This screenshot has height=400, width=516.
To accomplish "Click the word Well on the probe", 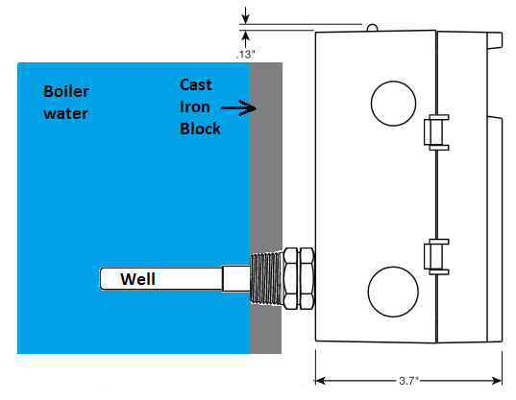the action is (x=137, y=279).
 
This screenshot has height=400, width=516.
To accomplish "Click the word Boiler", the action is (x=66, y=91).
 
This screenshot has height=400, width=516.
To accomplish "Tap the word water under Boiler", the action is (x=65, y=113).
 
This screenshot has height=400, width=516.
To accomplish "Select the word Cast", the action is (x=196, y=84).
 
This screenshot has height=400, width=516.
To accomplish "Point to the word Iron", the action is (x=195, y=106).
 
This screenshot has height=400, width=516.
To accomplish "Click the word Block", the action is (x=200, y=129).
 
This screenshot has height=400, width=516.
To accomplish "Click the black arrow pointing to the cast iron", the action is (x=239, y=107).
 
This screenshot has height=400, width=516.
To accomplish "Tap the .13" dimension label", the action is (x=245, y=54).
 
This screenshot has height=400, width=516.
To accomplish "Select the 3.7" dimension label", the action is (x=408, y=381).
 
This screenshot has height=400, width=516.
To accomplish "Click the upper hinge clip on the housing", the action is (x=436, y=132).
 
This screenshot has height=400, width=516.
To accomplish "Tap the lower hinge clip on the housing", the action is (x=436, y=257).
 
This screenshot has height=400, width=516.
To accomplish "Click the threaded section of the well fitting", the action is (x=266, y=278).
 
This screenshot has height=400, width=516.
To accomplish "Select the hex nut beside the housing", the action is (x=299, y=278).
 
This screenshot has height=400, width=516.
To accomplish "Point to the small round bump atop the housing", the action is (x=372, y=27).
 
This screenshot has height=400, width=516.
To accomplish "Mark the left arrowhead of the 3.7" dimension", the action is (x=321, y=381).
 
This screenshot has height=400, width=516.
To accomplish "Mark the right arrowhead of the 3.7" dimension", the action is (x=497, y=381).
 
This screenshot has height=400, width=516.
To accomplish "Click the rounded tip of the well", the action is (x=101, y=278).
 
